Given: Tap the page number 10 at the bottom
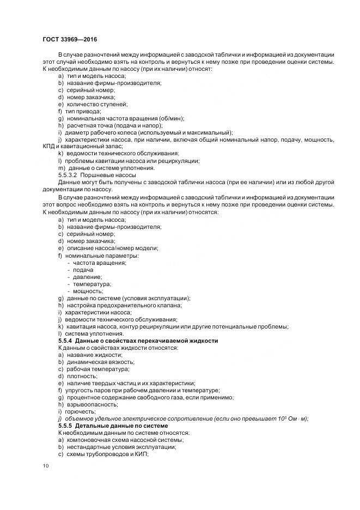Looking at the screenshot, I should [x=45, y=466].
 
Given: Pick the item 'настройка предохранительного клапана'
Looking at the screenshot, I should [x=124, y=305].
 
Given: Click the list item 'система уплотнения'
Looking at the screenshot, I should [x=90, y=333].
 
